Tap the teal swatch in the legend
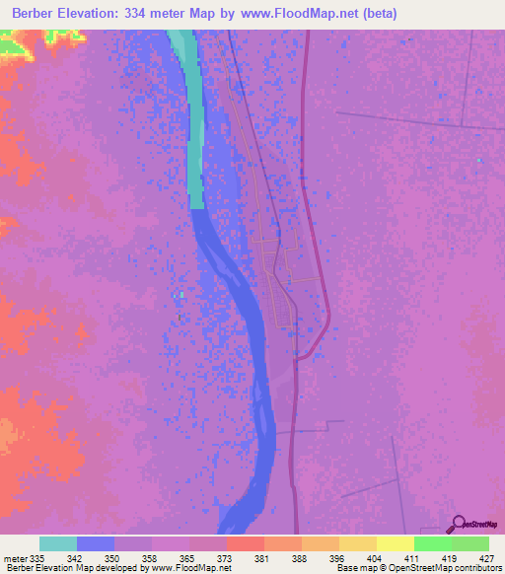point(58,543)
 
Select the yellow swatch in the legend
point(396,543)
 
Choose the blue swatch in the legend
point(96,543)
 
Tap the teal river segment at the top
point(195,118)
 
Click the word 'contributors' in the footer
point(479,568)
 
